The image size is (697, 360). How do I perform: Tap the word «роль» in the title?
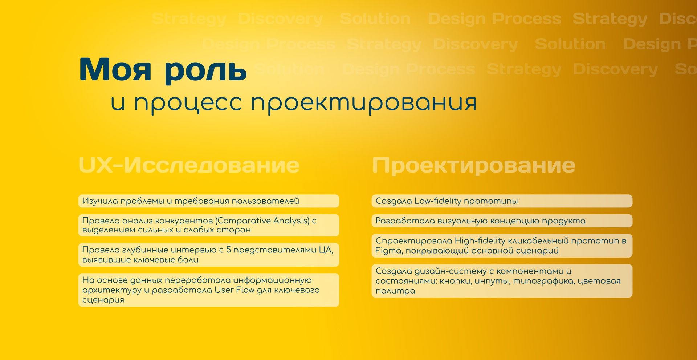click(x=206, y=70)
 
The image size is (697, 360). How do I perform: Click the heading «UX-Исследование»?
click(x=189, y=165)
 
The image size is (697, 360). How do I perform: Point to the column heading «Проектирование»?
click(x=473, y=165)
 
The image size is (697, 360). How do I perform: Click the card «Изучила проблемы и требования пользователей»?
click(x=208, y=201)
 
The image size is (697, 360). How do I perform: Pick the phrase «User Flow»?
click(x=235, y=290)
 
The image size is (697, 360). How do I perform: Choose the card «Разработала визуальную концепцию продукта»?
click(x=502, y=221)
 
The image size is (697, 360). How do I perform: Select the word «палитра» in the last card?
click(x=395, y=291)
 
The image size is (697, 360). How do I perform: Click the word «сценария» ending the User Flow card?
click(x=103, y=300)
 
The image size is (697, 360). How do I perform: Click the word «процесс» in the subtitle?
click(x=188, y=103)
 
